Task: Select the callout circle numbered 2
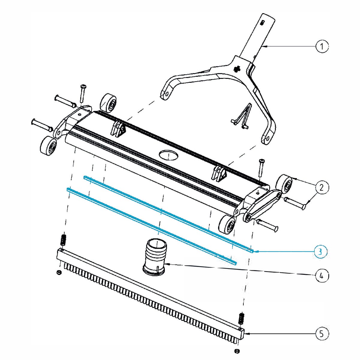[322, 187]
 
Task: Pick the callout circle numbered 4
[322, 275]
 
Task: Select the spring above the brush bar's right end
[241, 318]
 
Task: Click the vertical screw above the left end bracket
[82, 93]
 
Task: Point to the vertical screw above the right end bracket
[261, 168]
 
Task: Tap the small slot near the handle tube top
[262, 23]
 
